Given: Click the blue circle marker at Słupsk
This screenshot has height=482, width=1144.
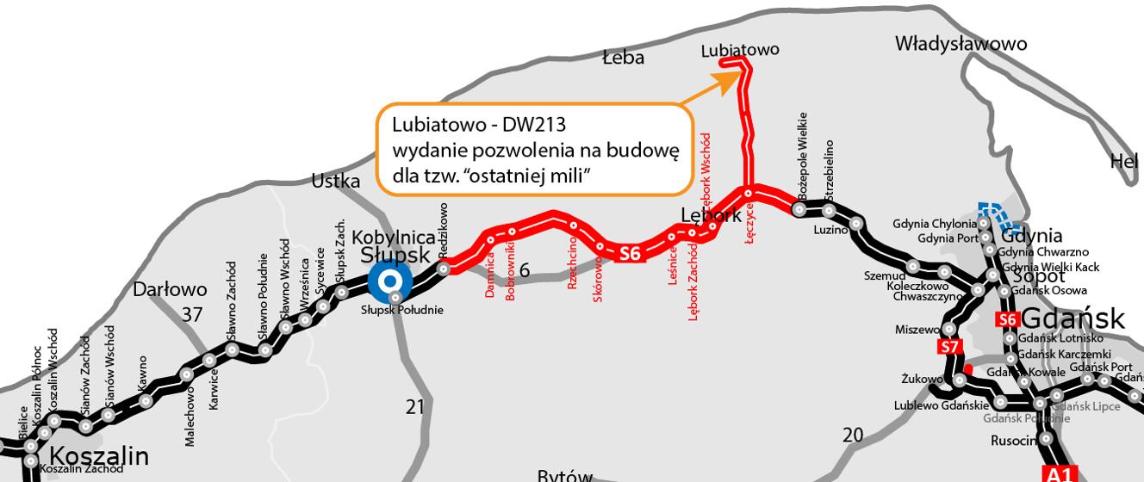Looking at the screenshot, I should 389,281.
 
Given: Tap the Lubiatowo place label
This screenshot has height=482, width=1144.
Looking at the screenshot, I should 739,50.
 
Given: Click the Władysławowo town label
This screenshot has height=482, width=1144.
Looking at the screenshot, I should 961,43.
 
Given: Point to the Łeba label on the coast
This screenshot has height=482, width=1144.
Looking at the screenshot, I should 623,58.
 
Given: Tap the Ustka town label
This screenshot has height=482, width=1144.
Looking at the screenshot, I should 336,181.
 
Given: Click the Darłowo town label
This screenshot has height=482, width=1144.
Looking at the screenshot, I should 170,289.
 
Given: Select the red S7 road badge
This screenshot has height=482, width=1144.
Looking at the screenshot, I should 948,348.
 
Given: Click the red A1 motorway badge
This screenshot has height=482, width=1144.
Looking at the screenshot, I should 1060,473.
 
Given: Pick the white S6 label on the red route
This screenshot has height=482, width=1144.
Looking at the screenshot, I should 631,253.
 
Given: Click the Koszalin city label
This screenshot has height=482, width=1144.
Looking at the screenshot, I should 99,455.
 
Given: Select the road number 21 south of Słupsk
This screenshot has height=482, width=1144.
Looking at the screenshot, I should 415,406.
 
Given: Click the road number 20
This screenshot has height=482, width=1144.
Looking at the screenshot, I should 852,436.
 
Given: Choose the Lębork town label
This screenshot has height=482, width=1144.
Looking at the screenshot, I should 711,215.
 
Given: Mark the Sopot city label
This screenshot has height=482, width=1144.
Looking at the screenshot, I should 1040,276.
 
